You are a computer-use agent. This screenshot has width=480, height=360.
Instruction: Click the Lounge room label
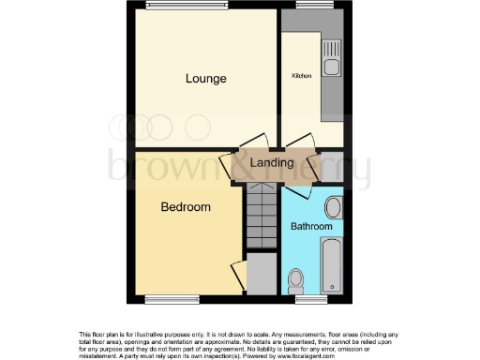205,79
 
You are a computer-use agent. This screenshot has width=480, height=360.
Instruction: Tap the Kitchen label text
302,75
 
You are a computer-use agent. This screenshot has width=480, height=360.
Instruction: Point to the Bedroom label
185,206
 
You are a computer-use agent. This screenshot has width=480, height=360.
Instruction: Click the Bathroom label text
311,227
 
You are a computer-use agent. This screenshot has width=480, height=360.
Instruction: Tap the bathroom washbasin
334,207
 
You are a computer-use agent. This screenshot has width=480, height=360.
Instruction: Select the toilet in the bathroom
296,278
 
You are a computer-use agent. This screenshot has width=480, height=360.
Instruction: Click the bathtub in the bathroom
331,264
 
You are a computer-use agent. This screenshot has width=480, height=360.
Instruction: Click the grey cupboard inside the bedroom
262,273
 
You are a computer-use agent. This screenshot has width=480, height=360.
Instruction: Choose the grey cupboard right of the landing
332,166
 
